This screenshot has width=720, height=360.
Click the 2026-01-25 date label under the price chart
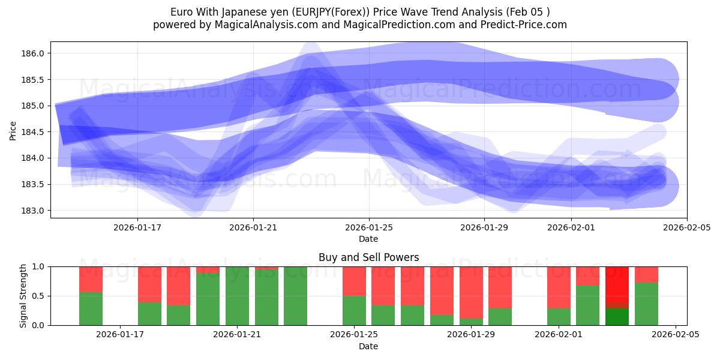tap(368, 227)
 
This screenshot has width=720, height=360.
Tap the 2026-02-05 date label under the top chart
tap(686, 227)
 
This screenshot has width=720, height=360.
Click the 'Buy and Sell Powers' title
tap(368, 257)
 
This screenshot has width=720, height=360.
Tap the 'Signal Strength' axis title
tap(23, 295)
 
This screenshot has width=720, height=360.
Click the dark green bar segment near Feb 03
tap(617, 317)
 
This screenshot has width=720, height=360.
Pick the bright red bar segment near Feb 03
tap(617, 287)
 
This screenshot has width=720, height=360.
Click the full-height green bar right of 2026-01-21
tap(295, 296)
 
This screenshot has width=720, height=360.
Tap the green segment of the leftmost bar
tap(91, 308)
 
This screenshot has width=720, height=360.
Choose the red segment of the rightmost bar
tap(646, 274)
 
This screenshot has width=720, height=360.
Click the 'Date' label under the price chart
tap(368, 239)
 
